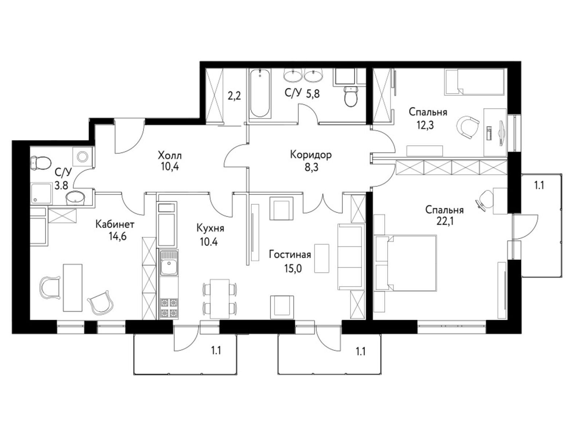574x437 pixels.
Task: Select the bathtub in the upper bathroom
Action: coord(260,93)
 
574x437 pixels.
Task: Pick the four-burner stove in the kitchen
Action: coord(169,308)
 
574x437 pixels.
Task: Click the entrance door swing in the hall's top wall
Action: coord(129,136)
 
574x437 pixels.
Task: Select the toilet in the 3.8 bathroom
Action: coord(40,163)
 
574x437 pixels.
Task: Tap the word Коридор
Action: coord(311,155)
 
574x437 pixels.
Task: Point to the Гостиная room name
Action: coord(290,254)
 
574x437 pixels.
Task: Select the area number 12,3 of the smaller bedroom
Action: coord(425,125)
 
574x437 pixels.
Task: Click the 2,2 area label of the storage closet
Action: coord(234,96)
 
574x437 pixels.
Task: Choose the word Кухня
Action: coord(210,228)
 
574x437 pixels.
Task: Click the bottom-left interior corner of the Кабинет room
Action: coord(30,319)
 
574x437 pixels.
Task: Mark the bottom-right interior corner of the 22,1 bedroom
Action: coord(507,319)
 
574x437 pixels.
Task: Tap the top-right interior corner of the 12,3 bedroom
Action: coord(507,68)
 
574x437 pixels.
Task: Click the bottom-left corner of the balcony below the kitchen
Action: coord(134,374)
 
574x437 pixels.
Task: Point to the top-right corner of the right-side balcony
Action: coord(562,173)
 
